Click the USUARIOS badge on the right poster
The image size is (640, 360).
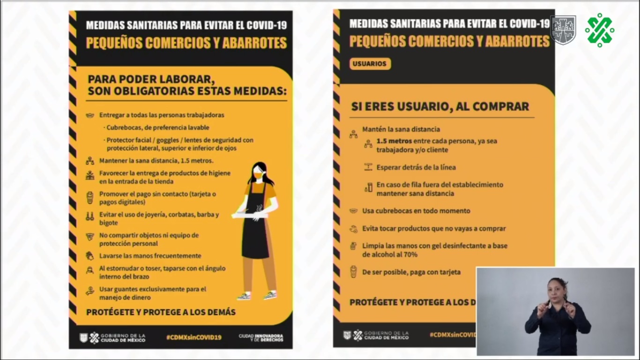(x=370, y=64)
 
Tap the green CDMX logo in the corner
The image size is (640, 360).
(x=599, y=30)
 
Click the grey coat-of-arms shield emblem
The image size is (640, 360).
(x=563, y=30)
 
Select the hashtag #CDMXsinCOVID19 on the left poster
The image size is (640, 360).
(x=193, y=337)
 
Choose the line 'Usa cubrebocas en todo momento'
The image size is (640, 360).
(x=416, y=211)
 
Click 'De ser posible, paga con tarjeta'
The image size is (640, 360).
(x=411, y=272)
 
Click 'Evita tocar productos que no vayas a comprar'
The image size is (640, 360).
(x=434, y=229)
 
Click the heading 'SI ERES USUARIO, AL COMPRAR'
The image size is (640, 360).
(x=440, y=106)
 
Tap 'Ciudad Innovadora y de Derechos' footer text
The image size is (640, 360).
(x=260, y=337)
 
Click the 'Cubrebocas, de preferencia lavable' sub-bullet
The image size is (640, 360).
(x=157, y=127)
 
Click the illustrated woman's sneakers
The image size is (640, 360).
(x=257, y=296)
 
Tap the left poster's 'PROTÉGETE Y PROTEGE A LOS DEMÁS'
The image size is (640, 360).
(x=161, y=312)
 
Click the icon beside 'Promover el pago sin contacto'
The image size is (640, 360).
(x=89, y=198)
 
